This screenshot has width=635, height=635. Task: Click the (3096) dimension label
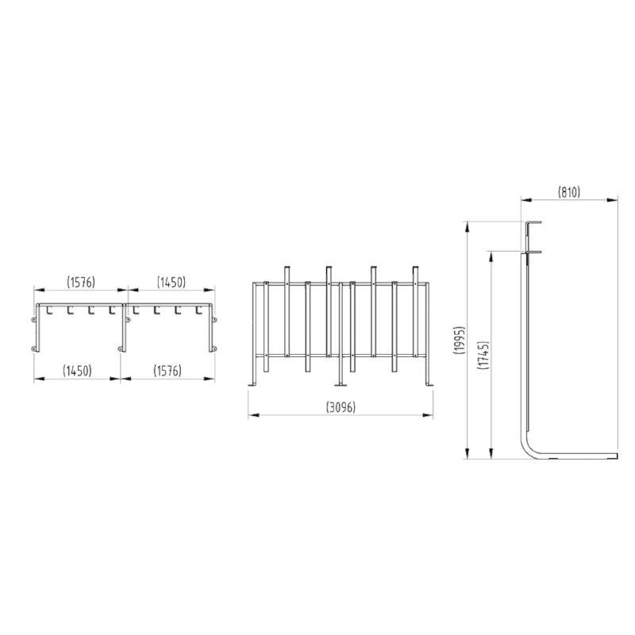coord(341,407)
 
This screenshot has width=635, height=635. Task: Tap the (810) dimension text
coord(568,191)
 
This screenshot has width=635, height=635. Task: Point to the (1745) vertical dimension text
coord(483,355)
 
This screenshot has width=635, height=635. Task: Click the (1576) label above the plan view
coord(81,282)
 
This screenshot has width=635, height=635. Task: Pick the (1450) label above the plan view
coord(171,282)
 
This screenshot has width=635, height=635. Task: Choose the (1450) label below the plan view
coord(77,371)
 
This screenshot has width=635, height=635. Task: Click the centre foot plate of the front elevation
coord(342,387)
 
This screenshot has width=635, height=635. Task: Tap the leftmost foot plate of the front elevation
coord(252,387)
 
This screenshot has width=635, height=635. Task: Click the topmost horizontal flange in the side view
coord(531,223)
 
